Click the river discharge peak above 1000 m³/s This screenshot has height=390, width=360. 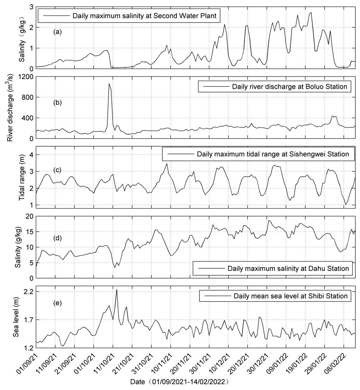(109, 84)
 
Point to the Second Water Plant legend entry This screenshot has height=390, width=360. (145, 17)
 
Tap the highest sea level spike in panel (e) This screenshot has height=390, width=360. (117, 290)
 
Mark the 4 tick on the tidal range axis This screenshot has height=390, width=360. (31, 155)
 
